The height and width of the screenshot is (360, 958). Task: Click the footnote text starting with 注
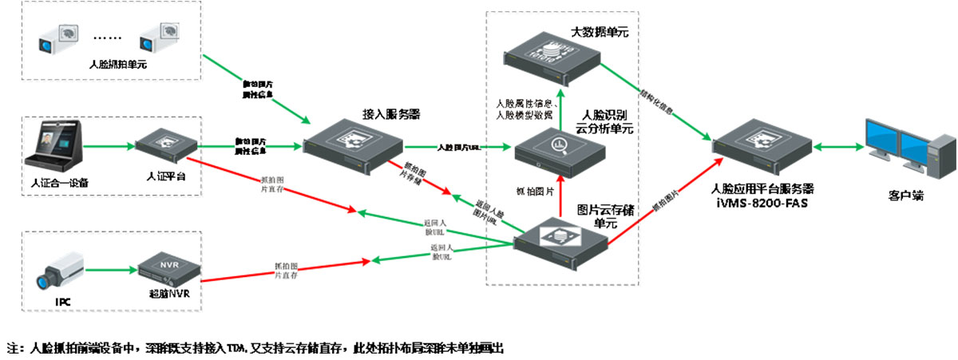pos(255,348)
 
